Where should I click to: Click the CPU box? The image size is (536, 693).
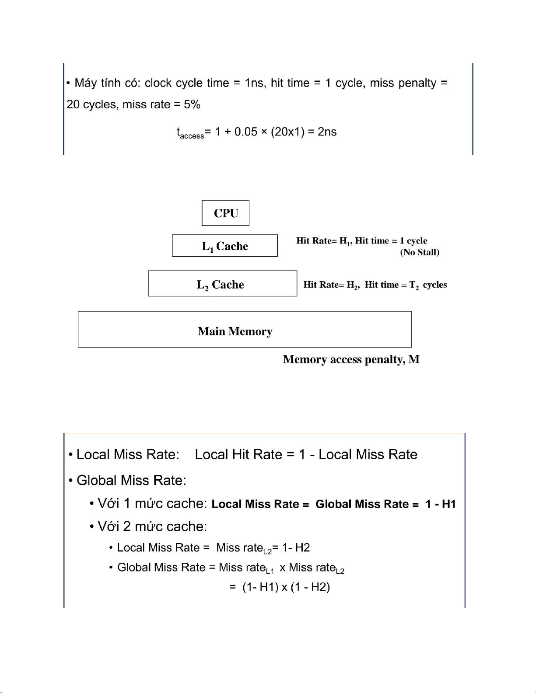225,213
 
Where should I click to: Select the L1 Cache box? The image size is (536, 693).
225,246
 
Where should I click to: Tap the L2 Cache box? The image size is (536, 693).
222,284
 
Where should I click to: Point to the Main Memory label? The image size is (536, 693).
235,331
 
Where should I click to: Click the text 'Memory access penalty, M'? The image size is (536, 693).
351,359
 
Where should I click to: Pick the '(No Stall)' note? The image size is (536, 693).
420,252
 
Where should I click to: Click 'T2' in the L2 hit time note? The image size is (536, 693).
414,285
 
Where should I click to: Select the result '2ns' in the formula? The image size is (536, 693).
327,132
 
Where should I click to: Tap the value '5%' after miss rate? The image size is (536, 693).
192,104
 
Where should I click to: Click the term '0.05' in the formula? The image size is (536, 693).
246,132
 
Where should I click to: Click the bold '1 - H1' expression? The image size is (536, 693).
440,504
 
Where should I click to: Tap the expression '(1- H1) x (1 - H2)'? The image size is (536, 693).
286,587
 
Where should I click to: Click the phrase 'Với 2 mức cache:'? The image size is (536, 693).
152,526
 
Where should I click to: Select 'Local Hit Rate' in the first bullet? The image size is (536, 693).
238,454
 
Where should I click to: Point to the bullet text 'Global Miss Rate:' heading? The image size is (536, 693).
131,480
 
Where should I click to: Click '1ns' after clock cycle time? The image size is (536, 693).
254,83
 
